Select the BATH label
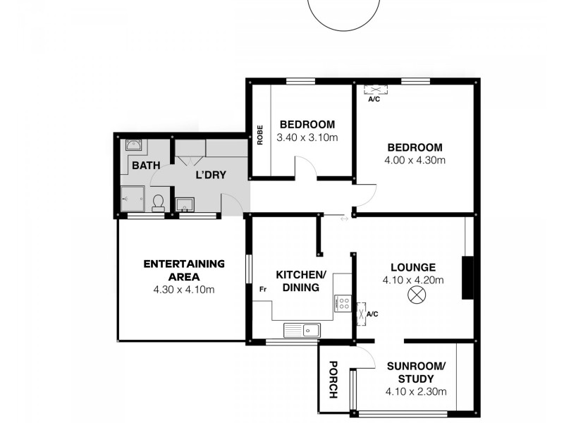point(146,166)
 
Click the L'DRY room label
point(211,174)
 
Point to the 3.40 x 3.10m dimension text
point(307,137)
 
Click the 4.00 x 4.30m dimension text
point(415,160)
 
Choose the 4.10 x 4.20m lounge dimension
point(414,280)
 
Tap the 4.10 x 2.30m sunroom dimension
point(416,392)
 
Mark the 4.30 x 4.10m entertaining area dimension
point(183,289)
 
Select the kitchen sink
point(302,329)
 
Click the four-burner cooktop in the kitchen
point(343,303)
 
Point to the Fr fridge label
point(262,289)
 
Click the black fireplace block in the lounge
point(466,278)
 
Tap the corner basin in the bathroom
point(133,146)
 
